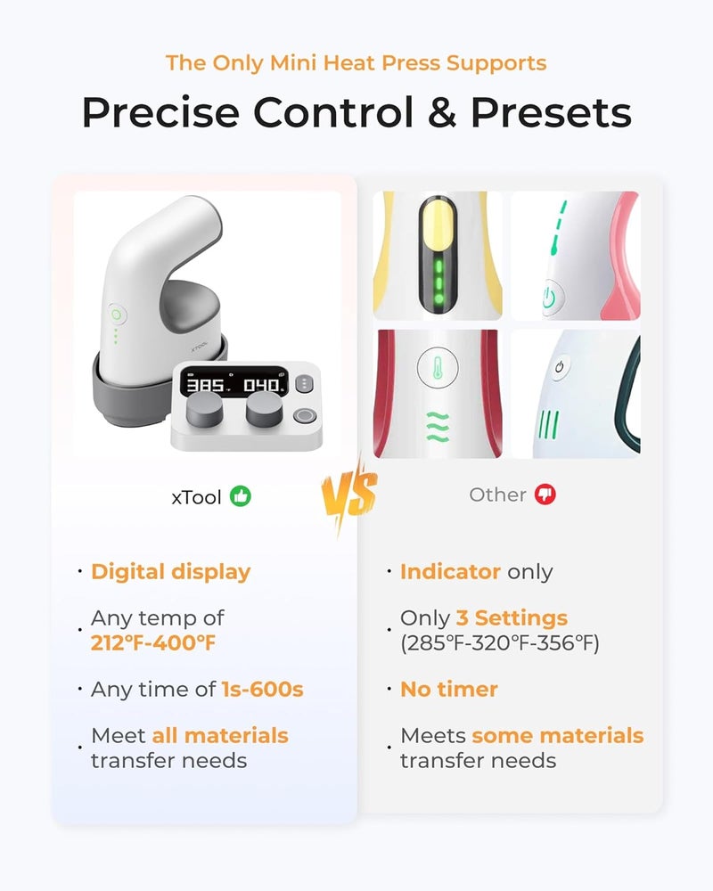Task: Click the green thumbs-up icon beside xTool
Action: tap(241, 495)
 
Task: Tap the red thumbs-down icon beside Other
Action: tap(545, 495)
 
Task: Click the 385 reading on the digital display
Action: tap(206, 386)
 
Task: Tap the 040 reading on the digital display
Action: tap(262, 386)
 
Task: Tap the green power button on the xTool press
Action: tap(115, 315)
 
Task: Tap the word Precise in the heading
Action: tap(160, 113)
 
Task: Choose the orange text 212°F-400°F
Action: tap(153, 642)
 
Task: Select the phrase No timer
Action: tap(448, 689)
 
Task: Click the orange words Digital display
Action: tap(170, 571)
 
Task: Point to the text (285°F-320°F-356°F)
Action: tap(499, 642)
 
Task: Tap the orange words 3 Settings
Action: tap(512, 617)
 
